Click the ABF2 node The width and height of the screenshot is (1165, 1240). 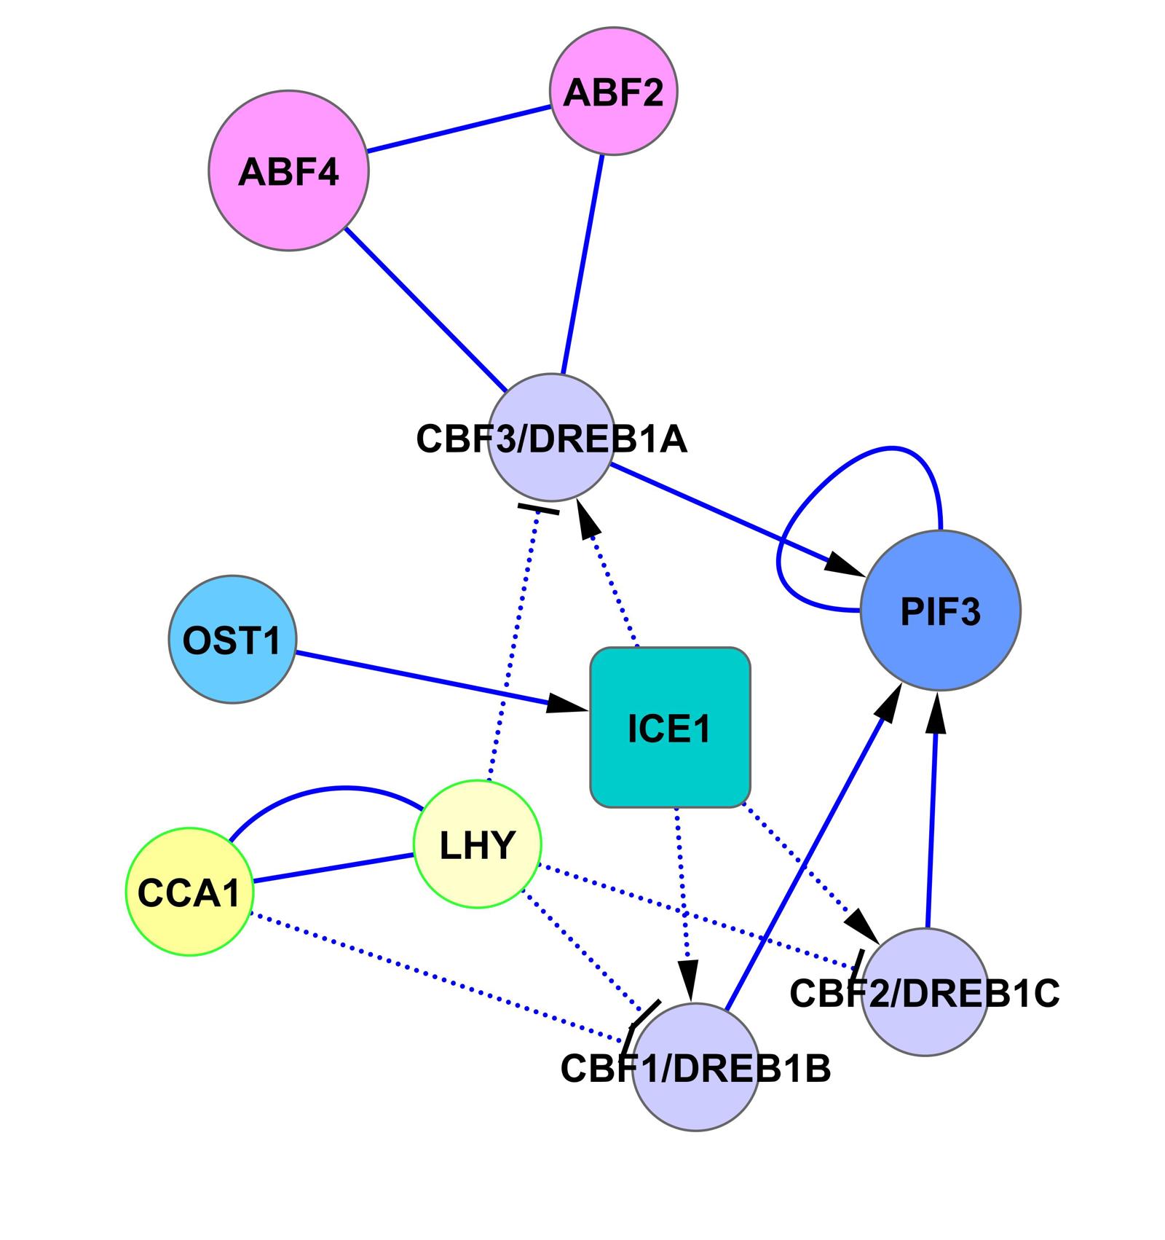pos(613,92)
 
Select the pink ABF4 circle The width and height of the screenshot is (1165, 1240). pos(288,170)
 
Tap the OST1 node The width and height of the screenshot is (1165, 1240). pos(232,640)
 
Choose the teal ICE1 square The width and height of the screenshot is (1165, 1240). pos(670,727)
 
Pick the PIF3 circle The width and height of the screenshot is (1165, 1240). pos(940,611)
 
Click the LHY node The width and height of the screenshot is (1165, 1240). pos(478,844)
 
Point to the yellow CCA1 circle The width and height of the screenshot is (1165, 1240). pos(189,891)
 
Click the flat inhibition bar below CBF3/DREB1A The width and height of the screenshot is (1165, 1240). pos(538,509)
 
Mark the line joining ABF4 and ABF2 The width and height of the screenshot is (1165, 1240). pos(459,130)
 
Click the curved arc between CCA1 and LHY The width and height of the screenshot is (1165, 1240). pos(342,788)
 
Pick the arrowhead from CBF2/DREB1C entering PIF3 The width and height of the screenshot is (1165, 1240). pos(937,711)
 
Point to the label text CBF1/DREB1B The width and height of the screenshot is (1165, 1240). pos(695,1069)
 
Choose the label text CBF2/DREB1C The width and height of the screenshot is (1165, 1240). pos(924,993)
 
